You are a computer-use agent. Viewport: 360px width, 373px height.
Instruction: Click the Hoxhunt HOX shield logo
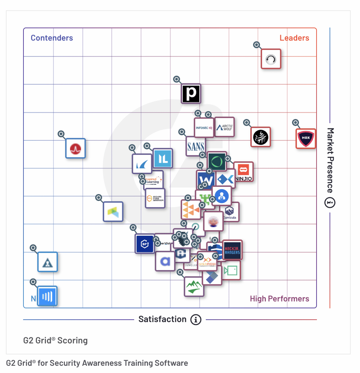pos(306,139)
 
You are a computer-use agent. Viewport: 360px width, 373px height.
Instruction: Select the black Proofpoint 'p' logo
pos(191,93)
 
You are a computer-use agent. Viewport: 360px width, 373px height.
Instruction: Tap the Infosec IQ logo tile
pos(204,128)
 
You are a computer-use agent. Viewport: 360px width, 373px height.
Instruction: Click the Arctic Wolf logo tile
pos(225,127)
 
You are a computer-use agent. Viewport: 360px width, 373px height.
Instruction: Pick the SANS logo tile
pos(195,146)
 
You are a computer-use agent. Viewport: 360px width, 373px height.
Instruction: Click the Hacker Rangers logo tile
pos(232,250)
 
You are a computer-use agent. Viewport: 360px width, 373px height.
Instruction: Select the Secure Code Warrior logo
pos(155,198)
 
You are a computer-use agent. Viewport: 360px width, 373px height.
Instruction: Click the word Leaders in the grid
pos(294,38)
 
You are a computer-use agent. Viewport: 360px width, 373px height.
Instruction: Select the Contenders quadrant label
pos(52,38)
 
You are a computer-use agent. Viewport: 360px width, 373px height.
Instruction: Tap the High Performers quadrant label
pos(279,299)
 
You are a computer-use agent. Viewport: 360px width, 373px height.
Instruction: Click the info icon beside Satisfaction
pos(196,320)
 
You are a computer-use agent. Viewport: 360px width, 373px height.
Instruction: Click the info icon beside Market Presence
pos(330,203)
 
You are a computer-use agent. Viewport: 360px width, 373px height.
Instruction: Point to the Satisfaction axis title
pos(162,319)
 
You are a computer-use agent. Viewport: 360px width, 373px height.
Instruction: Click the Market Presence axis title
pos(330,160)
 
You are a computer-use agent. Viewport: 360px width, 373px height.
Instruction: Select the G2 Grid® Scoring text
pos(55,341)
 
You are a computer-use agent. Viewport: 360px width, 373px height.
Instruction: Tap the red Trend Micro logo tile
pos(75,149)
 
